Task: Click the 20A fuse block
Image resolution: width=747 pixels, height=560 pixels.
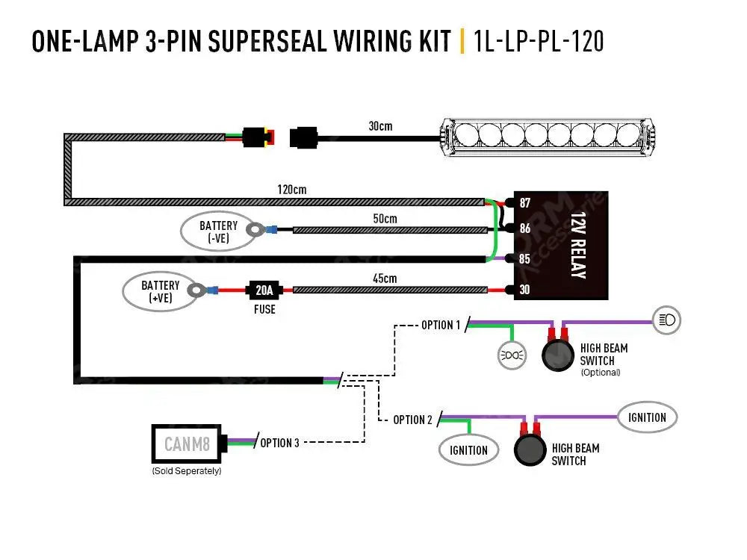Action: coord(264,290)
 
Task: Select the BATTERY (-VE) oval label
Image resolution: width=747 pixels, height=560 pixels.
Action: coord(218,231)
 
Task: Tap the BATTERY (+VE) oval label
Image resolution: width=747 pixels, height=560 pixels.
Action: coord(161,291)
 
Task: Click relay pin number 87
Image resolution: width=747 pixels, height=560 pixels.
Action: coord(524,203)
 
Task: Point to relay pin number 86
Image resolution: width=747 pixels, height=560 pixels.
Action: coord(524,228)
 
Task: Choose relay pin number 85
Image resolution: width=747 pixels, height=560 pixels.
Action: coord(524,260)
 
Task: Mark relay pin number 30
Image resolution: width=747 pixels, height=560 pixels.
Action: coord(524,290)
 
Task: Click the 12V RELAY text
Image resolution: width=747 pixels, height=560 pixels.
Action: coord(577,245)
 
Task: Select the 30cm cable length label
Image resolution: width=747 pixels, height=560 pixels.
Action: coord(380,126)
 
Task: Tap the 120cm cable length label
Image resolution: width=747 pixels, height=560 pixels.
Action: coord(291,190)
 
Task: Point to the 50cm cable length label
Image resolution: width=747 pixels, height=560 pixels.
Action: coord(385,219)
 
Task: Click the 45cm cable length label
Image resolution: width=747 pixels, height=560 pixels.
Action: coord(385,279)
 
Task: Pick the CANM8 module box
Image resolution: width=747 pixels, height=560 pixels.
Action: coord(187,444)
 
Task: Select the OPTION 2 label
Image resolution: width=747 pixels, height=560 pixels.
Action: coord(412,420)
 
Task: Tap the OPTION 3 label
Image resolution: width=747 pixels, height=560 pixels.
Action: coord(279,443)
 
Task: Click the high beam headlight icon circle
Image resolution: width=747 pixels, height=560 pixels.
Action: coord(666,320)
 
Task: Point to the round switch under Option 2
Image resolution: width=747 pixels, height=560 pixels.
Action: coord(530,450)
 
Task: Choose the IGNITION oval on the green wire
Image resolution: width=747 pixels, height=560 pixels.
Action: coord(468,449)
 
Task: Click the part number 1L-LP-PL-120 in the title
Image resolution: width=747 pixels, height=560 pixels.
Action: coord(538,41)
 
